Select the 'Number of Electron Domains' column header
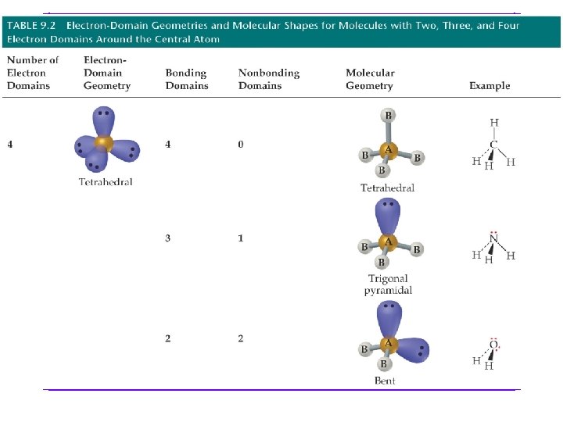coord(33,73)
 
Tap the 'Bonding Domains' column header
coord(186,79)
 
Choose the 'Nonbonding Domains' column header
coord(268,79)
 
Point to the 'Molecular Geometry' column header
coord(370,79)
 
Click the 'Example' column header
coord(489,86)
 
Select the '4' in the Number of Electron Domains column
coord(10,145)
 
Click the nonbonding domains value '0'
coord(241,145)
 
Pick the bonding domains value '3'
coord(168,238)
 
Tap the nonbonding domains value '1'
coord(241,238)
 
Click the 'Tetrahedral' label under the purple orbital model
coord(106,182)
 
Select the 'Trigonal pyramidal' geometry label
coord(388,284)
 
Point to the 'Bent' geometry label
coord(385,381)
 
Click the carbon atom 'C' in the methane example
coord(493,144)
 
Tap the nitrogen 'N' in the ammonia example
coord(493,240)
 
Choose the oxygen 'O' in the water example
coord(493,345)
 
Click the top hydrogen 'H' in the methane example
coord(493,122)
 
